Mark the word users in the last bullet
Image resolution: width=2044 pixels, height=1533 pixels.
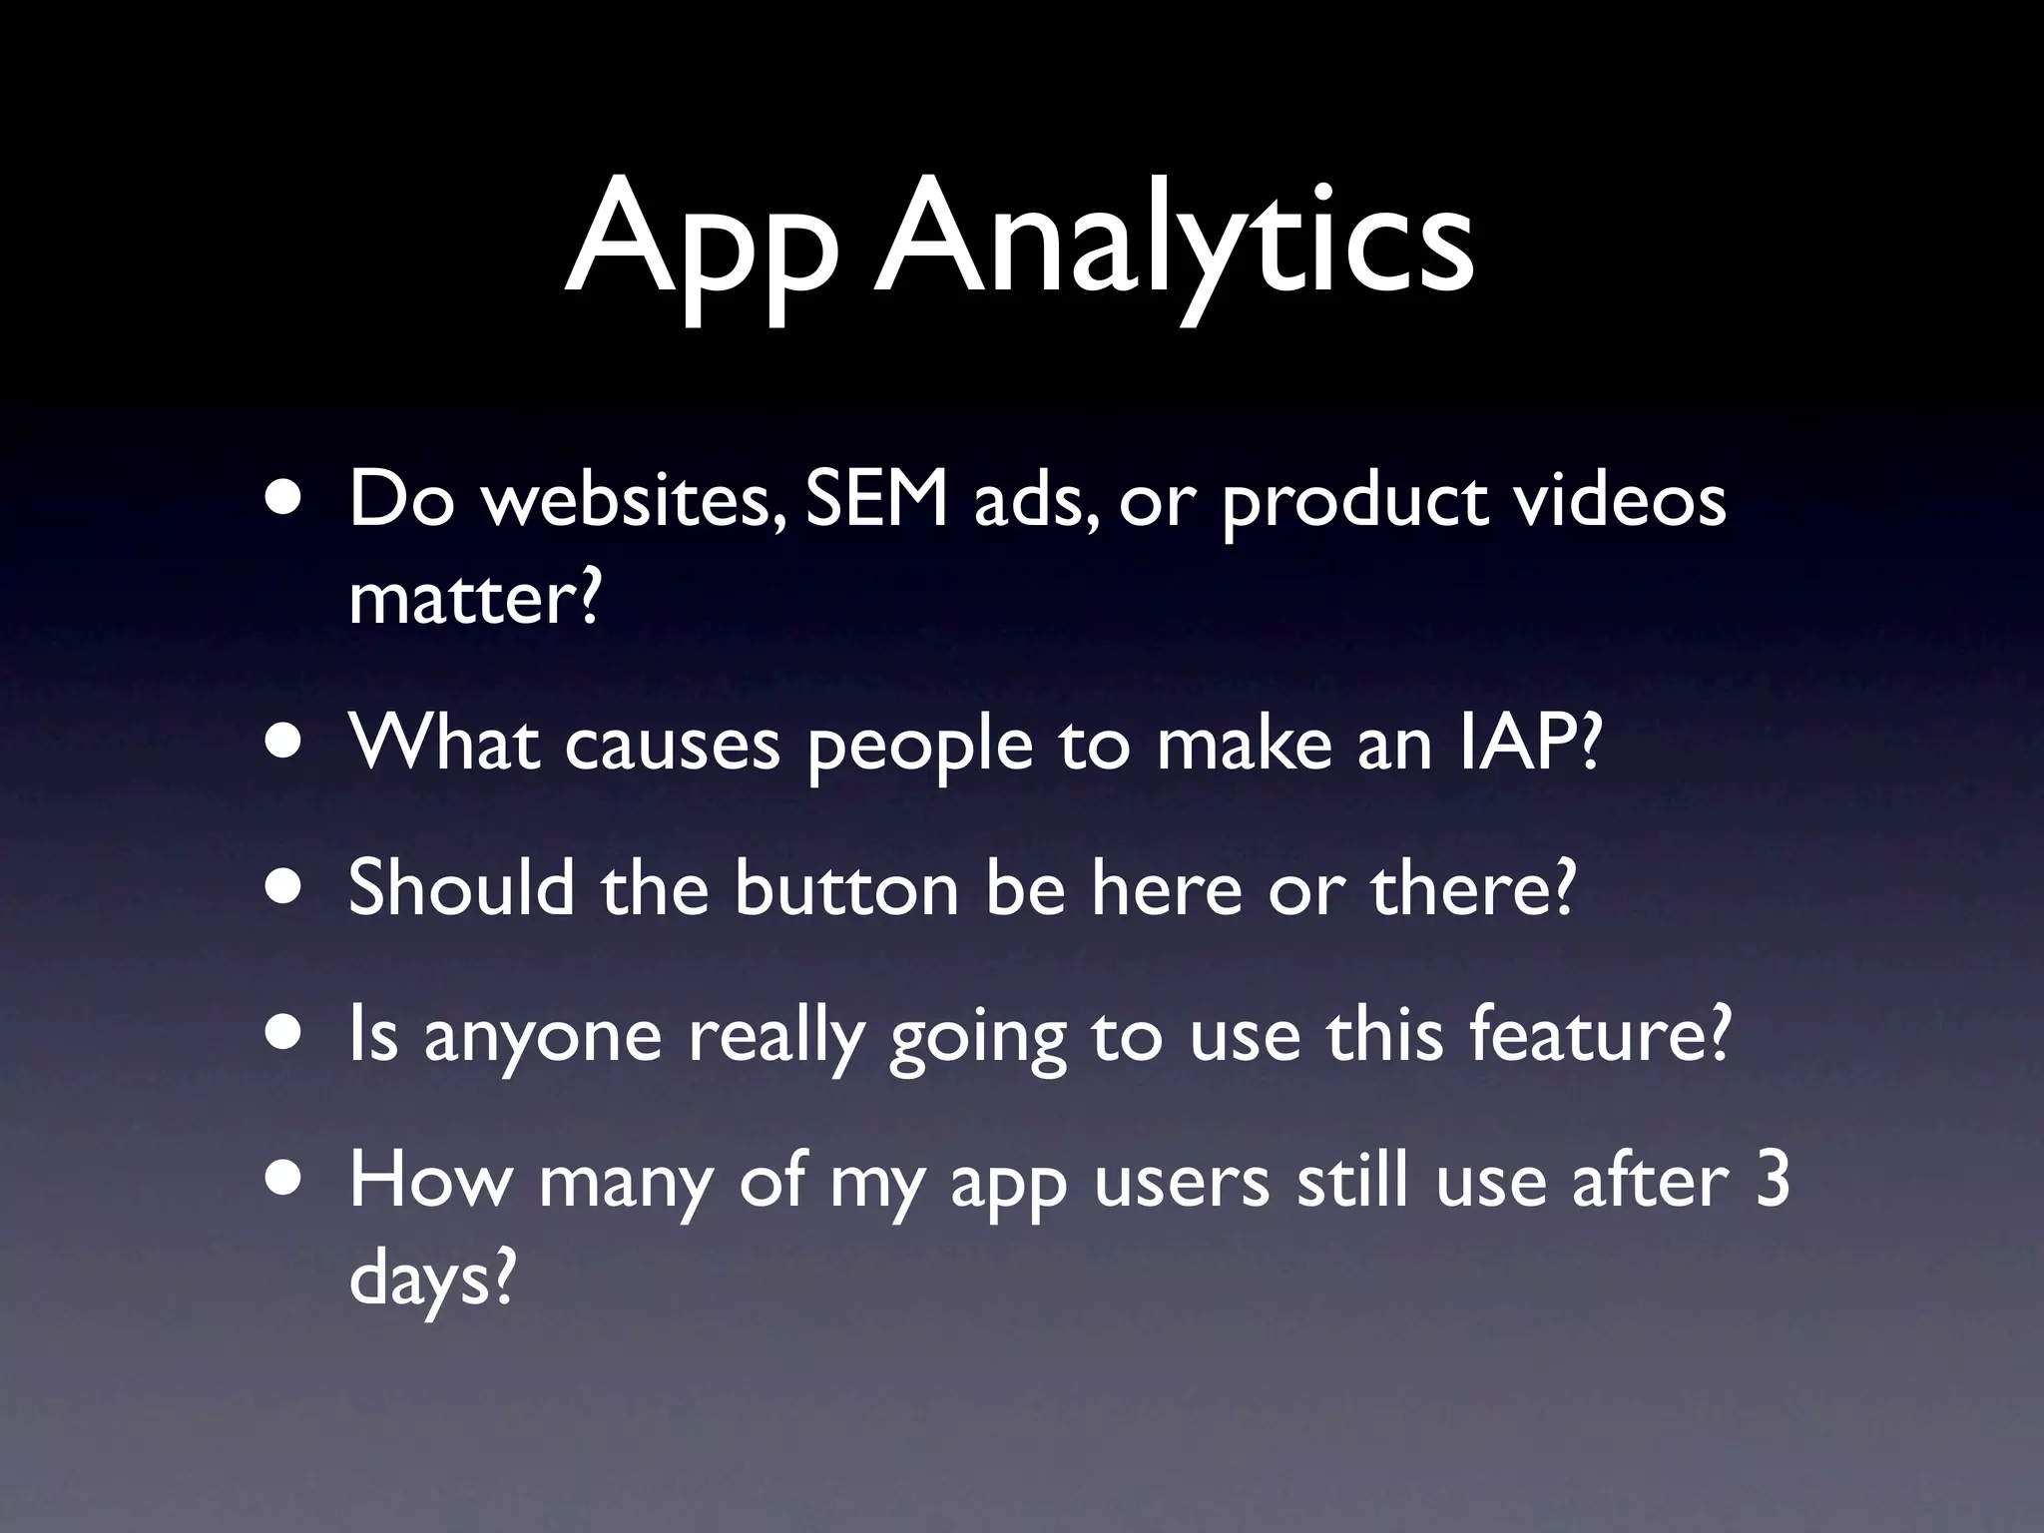click(1181, 1182)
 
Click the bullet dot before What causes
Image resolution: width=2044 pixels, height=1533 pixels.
click(286, 744)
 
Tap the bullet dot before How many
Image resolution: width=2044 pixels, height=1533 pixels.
click(286, 1182)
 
